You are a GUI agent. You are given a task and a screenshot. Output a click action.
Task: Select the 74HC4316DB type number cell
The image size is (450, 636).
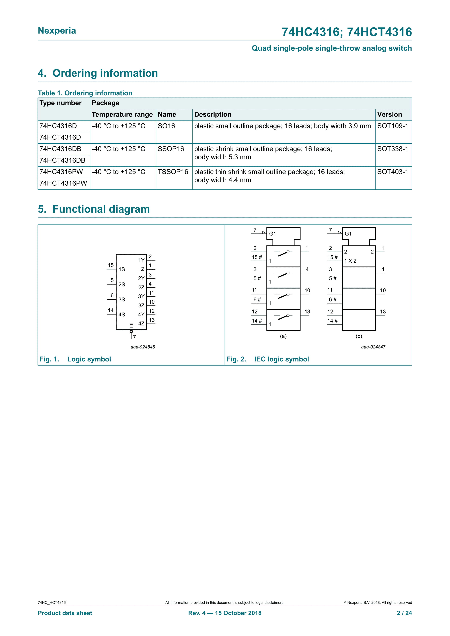click(x=60, y=149)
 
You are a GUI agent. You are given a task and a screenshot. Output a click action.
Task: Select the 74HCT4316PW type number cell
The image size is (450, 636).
click(x=63, y=183)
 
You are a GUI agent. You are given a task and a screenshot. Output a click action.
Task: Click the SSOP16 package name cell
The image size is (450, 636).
click(x=171, y=149)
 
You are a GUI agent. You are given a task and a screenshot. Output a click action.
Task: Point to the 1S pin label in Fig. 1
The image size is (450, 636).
click(x=122, y=269)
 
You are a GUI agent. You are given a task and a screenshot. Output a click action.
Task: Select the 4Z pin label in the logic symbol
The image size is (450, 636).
click(x=141, y=324)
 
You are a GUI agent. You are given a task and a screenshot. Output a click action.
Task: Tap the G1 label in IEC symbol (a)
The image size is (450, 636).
click(x=273, y=234)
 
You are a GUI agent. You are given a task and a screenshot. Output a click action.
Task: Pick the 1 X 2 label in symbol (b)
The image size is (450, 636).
click(x=350, y=261)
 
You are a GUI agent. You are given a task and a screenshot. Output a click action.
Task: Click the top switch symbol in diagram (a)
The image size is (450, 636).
click(x=283, y=253)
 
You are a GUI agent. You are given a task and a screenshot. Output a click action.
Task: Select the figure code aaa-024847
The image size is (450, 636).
click(x=373, y=347)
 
